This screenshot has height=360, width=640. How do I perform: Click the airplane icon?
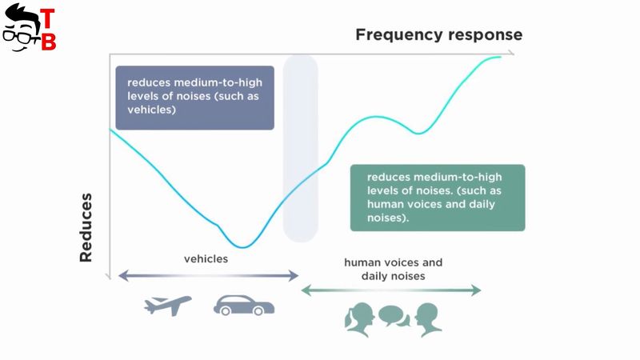(x=168, y=306)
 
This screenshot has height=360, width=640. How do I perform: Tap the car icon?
(x=244, y=306)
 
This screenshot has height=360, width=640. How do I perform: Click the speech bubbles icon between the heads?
(x=394, y=316)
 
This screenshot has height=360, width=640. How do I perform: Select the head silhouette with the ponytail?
(x=359, y=319)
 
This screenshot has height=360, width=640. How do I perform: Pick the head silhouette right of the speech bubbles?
(x=428, y=319)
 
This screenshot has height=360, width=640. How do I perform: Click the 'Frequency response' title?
(x=438, y=34)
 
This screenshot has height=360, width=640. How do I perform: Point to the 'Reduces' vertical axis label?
(x=86, y=228)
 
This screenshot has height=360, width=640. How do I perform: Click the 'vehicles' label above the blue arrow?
(x=206, y=258)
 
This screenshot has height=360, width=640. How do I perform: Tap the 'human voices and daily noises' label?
(x=393, y=270)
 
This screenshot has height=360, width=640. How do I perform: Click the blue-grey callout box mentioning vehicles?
(x=194, y=98)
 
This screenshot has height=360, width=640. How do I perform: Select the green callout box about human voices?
(x=438, y=198)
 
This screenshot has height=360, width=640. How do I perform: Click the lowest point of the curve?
(x=242, y=247)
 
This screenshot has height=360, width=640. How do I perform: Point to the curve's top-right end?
(x=501, y=57)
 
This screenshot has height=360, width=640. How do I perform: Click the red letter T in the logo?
(x=47, y=19)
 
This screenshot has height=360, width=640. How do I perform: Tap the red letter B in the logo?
(x=49, y=41)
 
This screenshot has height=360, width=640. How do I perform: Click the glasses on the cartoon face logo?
(x=21, y=36)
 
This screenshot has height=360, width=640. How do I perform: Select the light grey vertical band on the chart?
(x=301, y=149)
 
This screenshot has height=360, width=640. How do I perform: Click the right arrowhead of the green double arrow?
(x=476, y=290)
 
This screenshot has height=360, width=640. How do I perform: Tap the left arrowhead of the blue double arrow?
(x=123, y=275)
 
